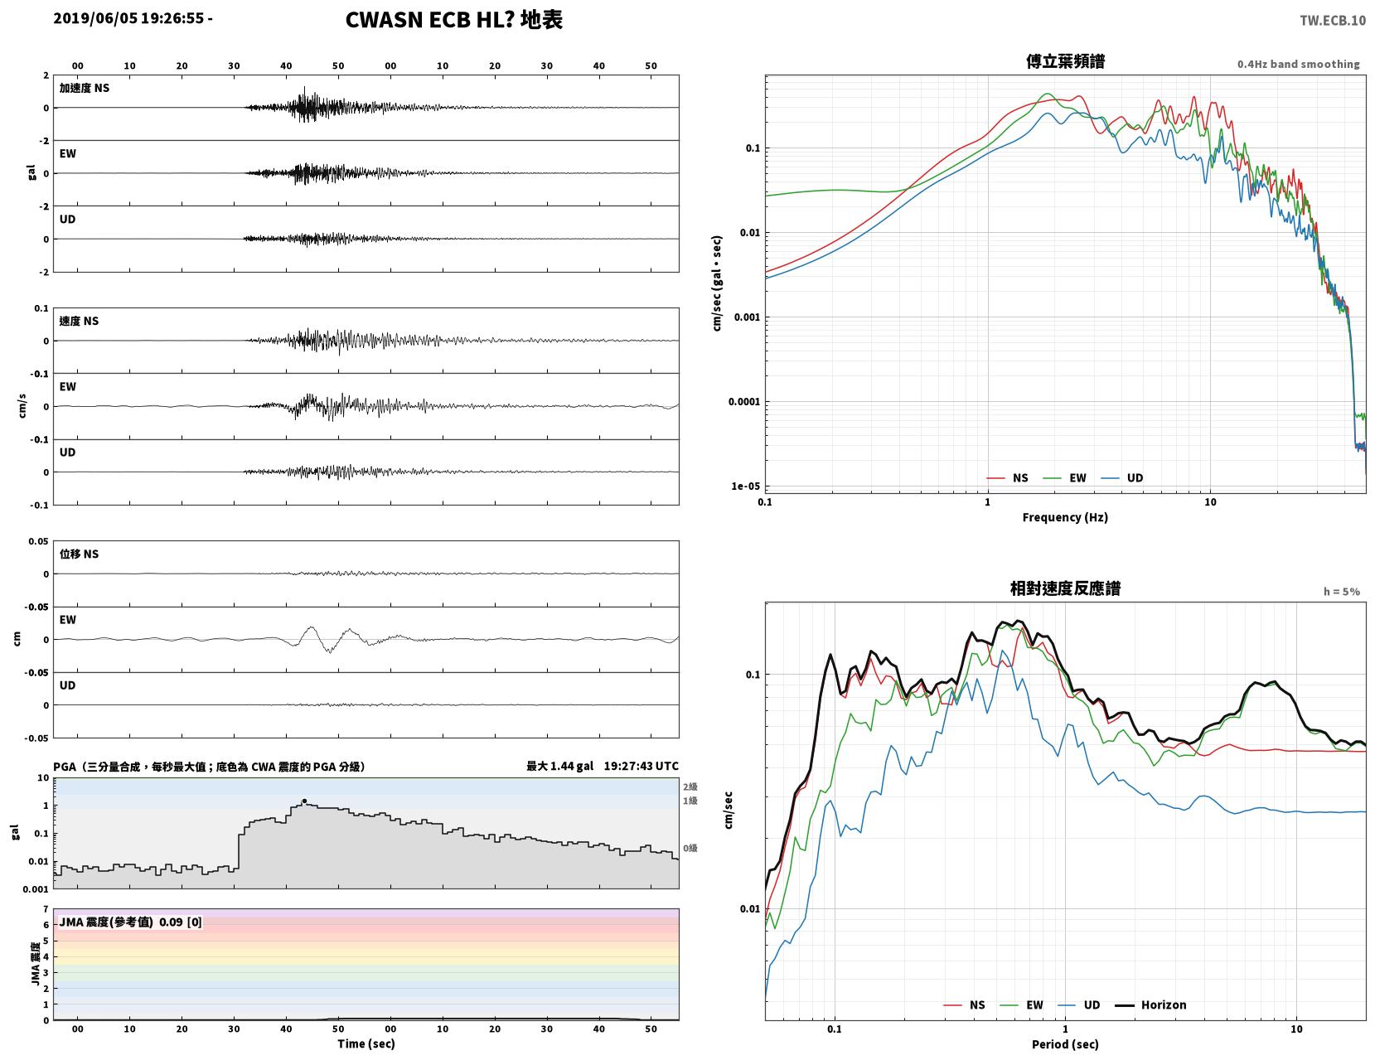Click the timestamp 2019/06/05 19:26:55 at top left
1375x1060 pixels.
point(128,18)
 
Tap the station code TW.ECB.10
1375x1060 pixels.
point(1333,20)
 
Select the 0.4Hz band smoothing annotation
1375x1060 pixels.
point(1299,64)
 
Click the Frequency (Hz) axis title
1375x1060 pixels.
point(1065,517)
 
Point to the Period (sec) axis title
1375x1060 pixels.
point(1065,1044)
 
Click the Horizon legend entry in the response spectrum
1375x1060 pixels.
point(1150,1005)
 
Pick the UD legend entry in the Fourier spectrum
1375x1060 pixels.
point(1122,478)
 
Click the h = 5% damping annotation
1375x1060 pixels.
point(1342,592)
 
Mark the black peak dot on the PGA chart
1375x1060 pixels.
point(304,801)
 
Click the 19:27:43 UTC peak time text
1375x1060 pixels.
point(641,766)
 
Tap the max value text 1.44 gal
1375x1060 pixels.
point(571,766)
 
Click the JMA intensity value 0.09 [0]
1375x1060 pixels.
point(181,922)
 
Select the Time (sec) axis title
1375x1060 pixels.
point(366,1043)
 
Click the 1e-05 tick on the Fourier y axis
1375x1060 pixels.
point(745,486)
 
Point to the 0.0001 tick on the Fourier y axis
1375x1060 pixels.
point(744,402)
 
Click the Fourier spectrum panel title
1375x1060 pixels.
point(1065,61)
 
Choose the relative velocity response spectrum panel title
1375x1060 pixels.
point(1065,588)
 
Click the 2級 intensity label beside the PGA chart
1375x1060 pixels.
point(690,787)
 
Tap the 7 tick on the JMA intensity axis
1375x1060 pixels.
point(46,909)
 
